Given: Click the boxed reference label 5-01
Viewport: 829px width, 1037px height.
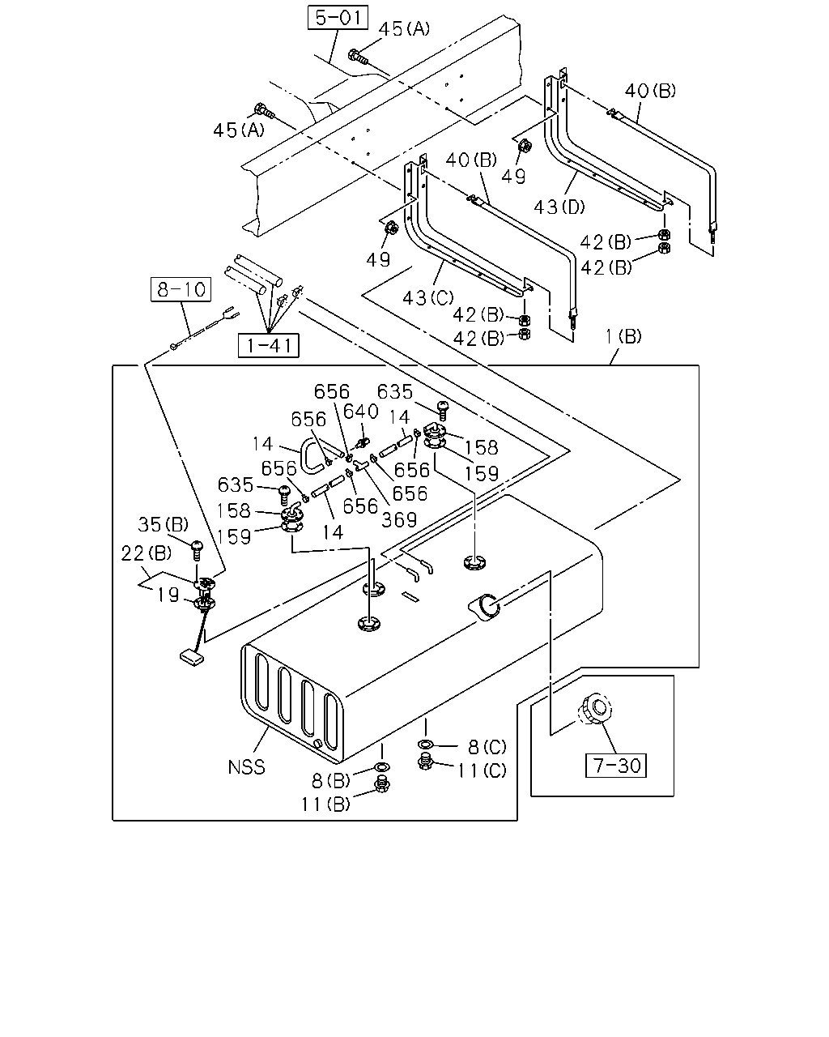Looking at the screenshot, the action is click(x=338, y=18).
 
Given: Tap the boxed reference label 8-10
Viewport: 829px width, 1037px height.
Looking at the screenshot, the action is click(x=181, y=289).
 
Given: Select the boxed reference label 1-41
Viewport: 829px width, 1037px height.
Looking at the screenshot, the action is click(x=269, y=345).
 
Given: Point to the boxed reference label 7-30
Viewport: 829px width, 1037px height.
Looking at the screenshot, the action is click(x=615, y=766).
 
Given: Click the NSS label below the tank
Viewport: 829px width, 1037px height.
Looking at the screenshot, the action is click(x=247, y=767).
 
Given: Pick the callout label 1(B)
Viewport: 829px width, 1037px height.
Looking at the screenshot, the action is click(x=623, y=336).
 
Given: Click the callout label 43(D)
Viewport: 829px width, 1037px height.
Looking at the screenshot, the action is click(x=559, y=207).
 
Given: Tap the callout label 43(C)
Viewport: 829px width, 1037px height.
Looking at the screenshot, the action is click(x=427, y=298).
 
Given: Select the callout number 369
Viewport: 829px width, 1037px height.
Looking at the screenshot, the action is click(x=399, y=519).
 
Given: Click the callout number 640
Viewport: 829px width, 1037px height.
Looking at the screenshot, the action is click(x=360, y=411).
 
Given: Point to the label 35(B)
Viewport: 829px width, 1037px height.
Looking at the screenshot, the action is click(x=164, y=524).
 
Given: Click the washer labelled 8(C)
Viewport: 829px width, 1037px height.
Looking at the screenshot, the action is click(x=425, y=745).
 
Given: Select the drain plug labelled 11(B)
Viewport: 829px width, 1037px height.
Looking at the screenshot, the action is click(x=382, y=785).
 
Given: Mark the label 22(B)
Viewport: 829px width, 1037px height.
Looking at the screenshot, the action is click(x=146, y=553).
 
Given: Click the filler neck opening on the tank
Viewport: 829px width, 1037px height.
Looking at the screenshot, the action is click(x=487, y=607).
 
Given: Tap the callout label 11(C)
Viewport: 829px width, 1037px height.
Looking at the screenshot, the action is click(x=482, y=770).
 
